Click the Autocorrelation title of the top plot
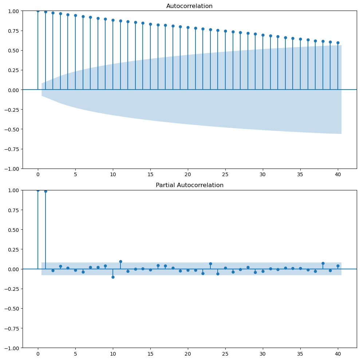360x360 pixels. click(x=189, y=6)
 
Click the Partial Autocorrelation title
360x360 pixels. click(x=189, y=185)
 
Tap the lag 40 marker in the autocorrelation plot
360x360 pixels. click(x=338, y=43)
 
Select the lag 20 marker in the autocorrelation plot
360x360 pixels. click(x=188, y=27)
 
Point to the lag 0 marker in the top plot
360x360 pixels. click(x=38, y=11)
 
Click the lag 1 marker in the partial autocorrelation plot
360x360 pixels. click(x=46, y=191)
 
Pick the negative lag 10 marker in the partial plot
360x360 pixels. click(x=113, y=277)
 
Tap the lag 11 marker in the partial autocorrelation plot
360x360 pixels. click(x=120, y=261)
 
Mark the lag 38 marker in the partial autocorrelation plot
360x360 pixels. click(x=323, y=263)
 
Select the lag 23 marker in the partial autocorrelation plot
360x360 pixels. click(x=210, y=264)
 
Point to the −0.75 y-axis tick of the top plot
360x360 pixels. click(x=11, y=149)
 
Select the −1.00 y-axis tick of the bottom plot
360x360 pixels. click(x=11, y=348)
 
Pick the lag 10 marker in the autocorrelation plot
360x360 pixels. click(x=113, y=20)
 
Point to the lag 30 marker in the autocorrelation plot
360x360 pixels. click(x=263, y=35)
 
